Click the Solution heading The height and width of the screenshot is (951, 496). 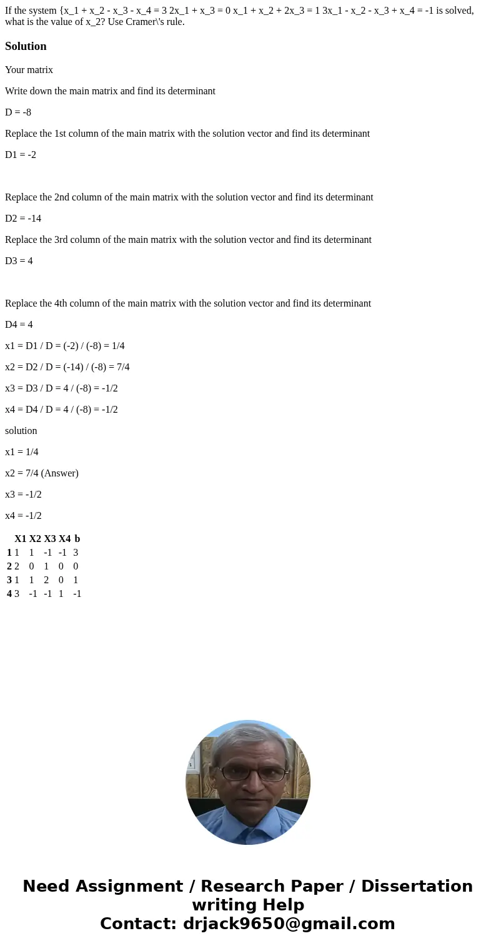pyautogui.click(x=26, y=46)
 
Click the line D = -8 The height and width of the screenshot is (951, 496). pyautogui.click(x=18, y=112)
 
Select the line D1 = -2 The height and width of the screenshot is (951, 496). pyautogui.click(x=21, y=155)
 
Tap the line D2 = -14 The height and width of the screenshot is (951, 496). pyautogui.click(x=23, y=219)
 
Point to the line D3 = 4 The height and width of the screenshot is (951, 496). pyautogui.click(x=19, y=261)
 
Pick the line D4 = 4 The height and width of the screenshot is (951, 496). pyautogui.click(x=19, y=325)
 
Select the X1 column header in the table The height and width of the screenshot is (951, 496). pyautogui.click(x=21, y=539)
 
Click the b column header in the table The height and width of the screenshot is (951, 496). pyautogui.click(x=77, y=539)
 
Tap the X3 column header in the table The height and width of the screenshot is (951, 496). pyautogui.click(x=50, y=539)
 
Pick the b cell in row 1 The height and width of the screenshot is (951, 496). pyautogui.click(x=76, y=553)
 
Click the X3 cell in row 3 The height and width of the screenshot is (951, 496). pyautogui.click(x=46, y=580)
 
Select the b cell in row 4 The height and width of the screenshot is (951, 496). pyautogui.click(x=77, y=594)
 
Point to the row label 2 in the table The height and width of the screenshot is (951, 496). pyautogui.click(x=9, y=566)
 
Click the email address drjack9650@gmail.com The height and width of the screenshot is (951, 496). pyautogui.click(x=289, y=924)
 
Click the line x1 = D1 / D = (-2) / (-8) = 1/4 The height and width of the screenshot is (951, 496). pyautogui.click(x=65, y=346)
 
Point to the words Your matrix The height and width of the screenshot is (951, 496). pyautogui.click(x=29, y=70)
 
